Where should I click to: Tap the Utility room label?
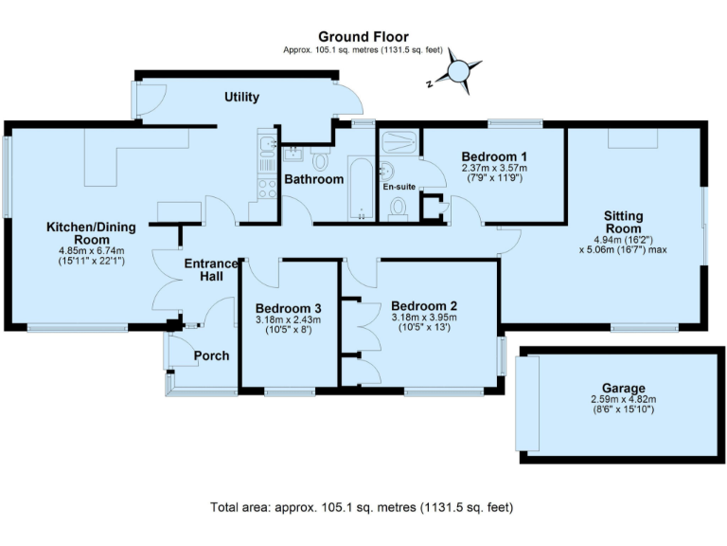point(241,98)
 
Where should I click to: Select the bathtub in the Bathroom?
point(361,190)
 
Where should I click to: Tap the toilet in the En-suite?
point(399,208)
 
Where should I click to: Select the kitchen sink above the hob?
point(266,148)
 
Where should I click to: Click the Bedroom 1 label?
point(494,156)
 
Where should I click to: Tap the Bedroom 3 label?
point(289,308)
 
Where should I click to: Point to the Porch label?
point(210,356)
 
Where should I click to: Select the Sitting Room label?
point(624,222)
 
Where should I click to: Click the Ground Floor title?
point(363,37)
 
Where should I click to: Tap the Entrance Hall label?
point(210,269)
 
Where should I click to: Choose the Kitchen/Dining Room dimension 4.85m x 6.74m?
point(92,251)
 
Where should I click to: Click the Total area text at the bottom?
point(363,507)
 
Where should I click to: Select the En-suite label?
point(399,188)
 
